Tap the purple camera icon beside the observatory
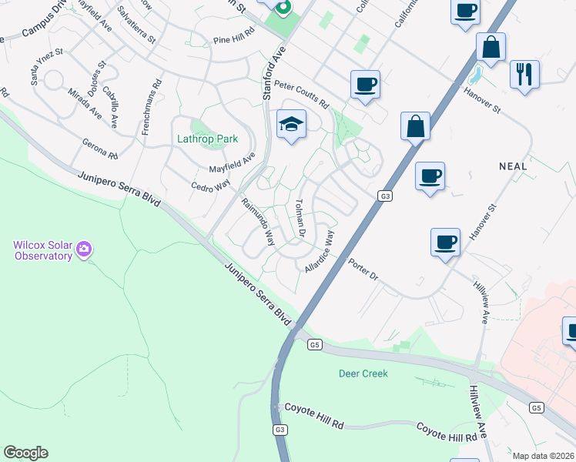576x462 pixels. pyautogui.click(x=84, y=249)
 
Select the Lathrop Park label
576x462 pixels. pyautogui.click(x=206, y=139)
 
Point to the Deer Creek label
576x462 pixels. pyautogui.click(x=363, y=373)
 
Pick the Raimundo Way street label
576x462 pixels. pyautogui.click(x=258, y=223)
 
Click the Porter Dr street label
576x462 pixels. pyautogui.click(x=363, y=268)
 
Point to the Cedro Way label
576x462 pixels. pyautogui.click(x=210, y=186)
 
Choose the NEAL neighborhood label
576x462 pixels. pyautogui.click(x=513, y=166)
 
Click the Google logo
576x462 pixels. pyautogui.click(x=25, y=453)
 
